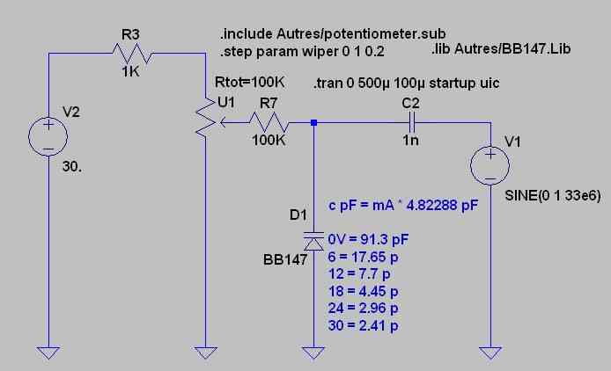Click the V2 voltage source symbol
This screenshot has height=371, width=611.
click(x=48, y=136)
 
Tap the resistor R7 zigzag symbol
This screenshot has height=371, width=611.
click(x=266, y=123)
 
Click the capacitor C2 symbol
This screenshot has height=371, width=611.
click(x=409, y=123)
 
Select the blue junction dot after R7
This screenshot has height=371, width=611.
click(x=314, y=123)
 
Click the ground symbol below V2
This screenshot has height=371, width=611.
click(x=48, y=352)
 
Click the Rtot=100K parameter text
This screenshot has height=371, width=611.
click(x=248, y=82)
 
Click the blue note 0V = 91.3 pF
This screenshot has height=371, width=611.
click(x=368, y=238)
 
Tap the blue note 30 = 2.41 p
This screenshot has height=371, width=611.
click(x=363, y=326)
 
